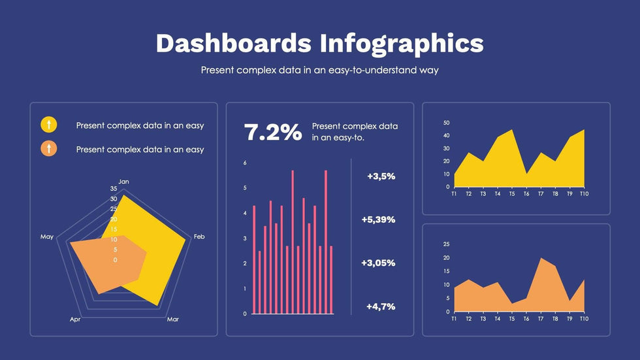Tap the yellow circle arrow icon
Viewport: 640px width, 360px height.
point(49,124)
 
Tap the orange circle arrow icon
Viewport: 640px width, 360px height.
point(49,148)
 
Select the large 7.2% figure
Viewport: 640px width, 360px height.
point(273,132)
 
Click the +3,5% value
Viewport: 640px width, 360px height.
point(381,176)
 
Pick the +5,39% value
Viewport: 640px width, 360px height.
point(378,220)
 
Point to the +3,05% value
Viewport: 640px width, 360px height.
point(378,263)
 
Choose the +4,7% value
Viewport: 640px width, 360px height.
point(381,306)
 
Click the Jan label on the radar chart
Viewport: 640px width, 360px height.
point(123,181)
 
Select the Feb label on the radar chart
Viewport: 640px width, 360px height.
point(199,237)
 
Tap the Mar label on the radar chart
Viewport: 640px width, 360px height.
point(172,319)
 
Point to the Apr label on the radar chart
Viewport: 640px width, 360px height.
point(75,319)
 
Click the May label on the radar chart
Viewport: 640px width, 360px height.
point(47,237)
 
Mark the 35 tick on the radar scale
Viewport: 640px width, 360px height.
point(114,188)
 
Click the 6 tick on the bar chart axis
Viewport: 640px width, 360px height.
point(245,163)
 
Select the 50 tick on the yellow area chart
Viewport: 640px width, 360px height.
point(447,123)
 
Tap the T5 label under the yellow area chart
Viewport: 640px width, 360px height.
point(512,193)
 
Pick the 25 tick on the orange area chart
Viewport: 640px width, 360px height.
point(447,244)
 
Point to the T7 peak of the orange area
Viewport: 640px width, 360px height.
point(541,259)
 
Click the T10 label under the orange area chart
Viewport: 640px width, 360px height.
point(584,318)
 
